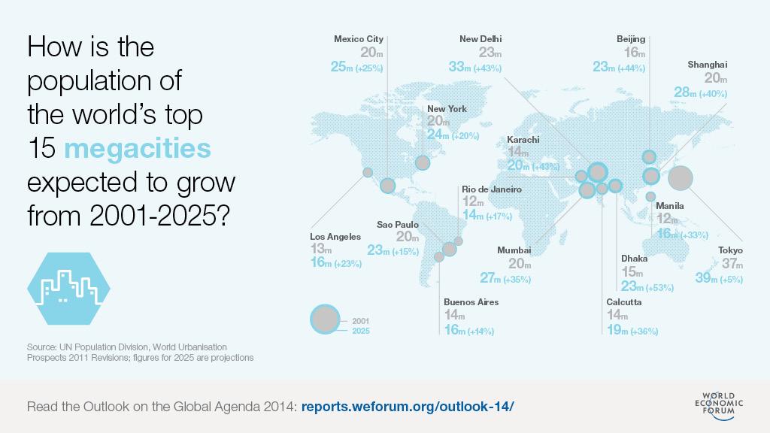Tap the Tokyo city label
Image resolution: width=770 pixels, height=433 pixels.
(x=729, y=250)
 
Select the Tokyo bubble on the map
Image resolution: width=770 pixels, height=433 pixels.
(x=681, y=178)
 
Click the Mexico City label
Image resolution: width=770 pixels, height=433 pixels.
(x=359, y=39)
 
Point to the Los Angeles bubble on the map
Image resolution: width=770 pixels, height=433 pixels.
(x=368, y=173)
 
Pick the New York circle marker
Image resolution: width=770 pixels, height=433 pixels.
(x=423, y=162)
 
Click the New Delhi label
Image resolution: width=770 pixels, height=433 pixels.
(x=480, y=39)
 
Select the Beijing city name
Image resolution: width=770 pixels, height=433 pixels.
(x=630, y=39)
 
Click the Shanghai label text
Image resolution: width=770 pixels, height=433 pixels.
(x=707, y=65)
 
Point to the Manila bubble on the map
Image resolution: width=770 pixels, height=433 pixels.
(x=650, y=197)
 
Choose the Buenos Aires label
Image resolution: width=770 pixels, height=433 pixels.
(x=471, y=302)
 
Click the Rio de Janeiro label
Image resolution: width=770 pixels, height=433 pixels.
(x=491, y=189)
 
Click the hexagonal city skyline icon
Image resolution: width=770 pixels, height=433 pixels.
(x=68, y=289)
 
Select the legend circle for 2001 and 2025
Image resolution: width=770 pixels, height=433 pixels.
(x=326, y=319)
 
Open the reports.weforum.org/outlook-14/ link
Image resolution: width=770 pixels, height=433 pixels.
(x=408, y=406)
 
